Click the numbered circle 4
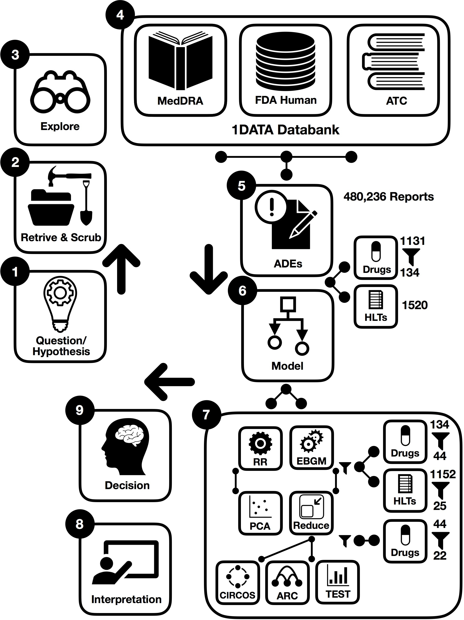click(120, 15)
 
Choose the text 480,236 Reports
click(389, 197)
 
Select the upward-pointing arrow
click(121, 269)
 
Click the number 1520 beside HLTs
click(415, 305)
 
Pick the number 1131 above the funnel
click(412, 241)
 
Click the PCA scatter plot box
click(260, 513)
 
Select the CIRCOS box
click(238, 582)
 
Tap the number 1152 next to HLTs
click(443, 474)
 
